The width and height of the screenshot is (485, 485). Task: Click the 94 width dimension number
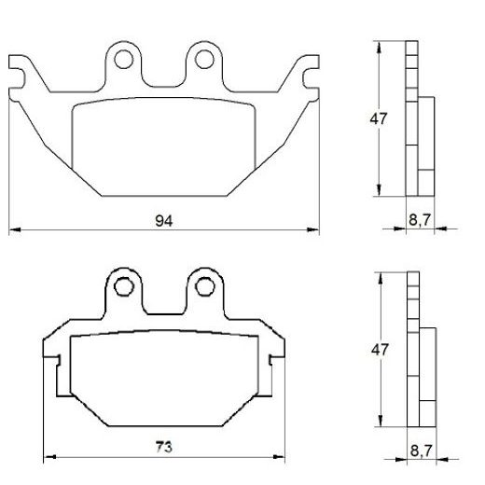(x=164, y=220)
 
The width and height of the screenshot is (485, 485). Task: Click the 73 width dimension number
(x=164, y=446)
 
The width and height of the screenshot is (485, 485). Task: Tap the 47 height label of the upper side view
(x=378, y=119)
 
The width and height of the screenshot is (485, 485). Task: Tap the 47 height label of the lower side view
(x=378, y=349)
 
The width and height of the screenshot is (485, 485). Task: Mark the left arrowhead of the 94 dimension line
(x=13, y=230)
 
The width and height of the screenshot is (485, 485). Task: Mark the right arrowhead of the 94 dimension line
(x=314, y=230)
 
